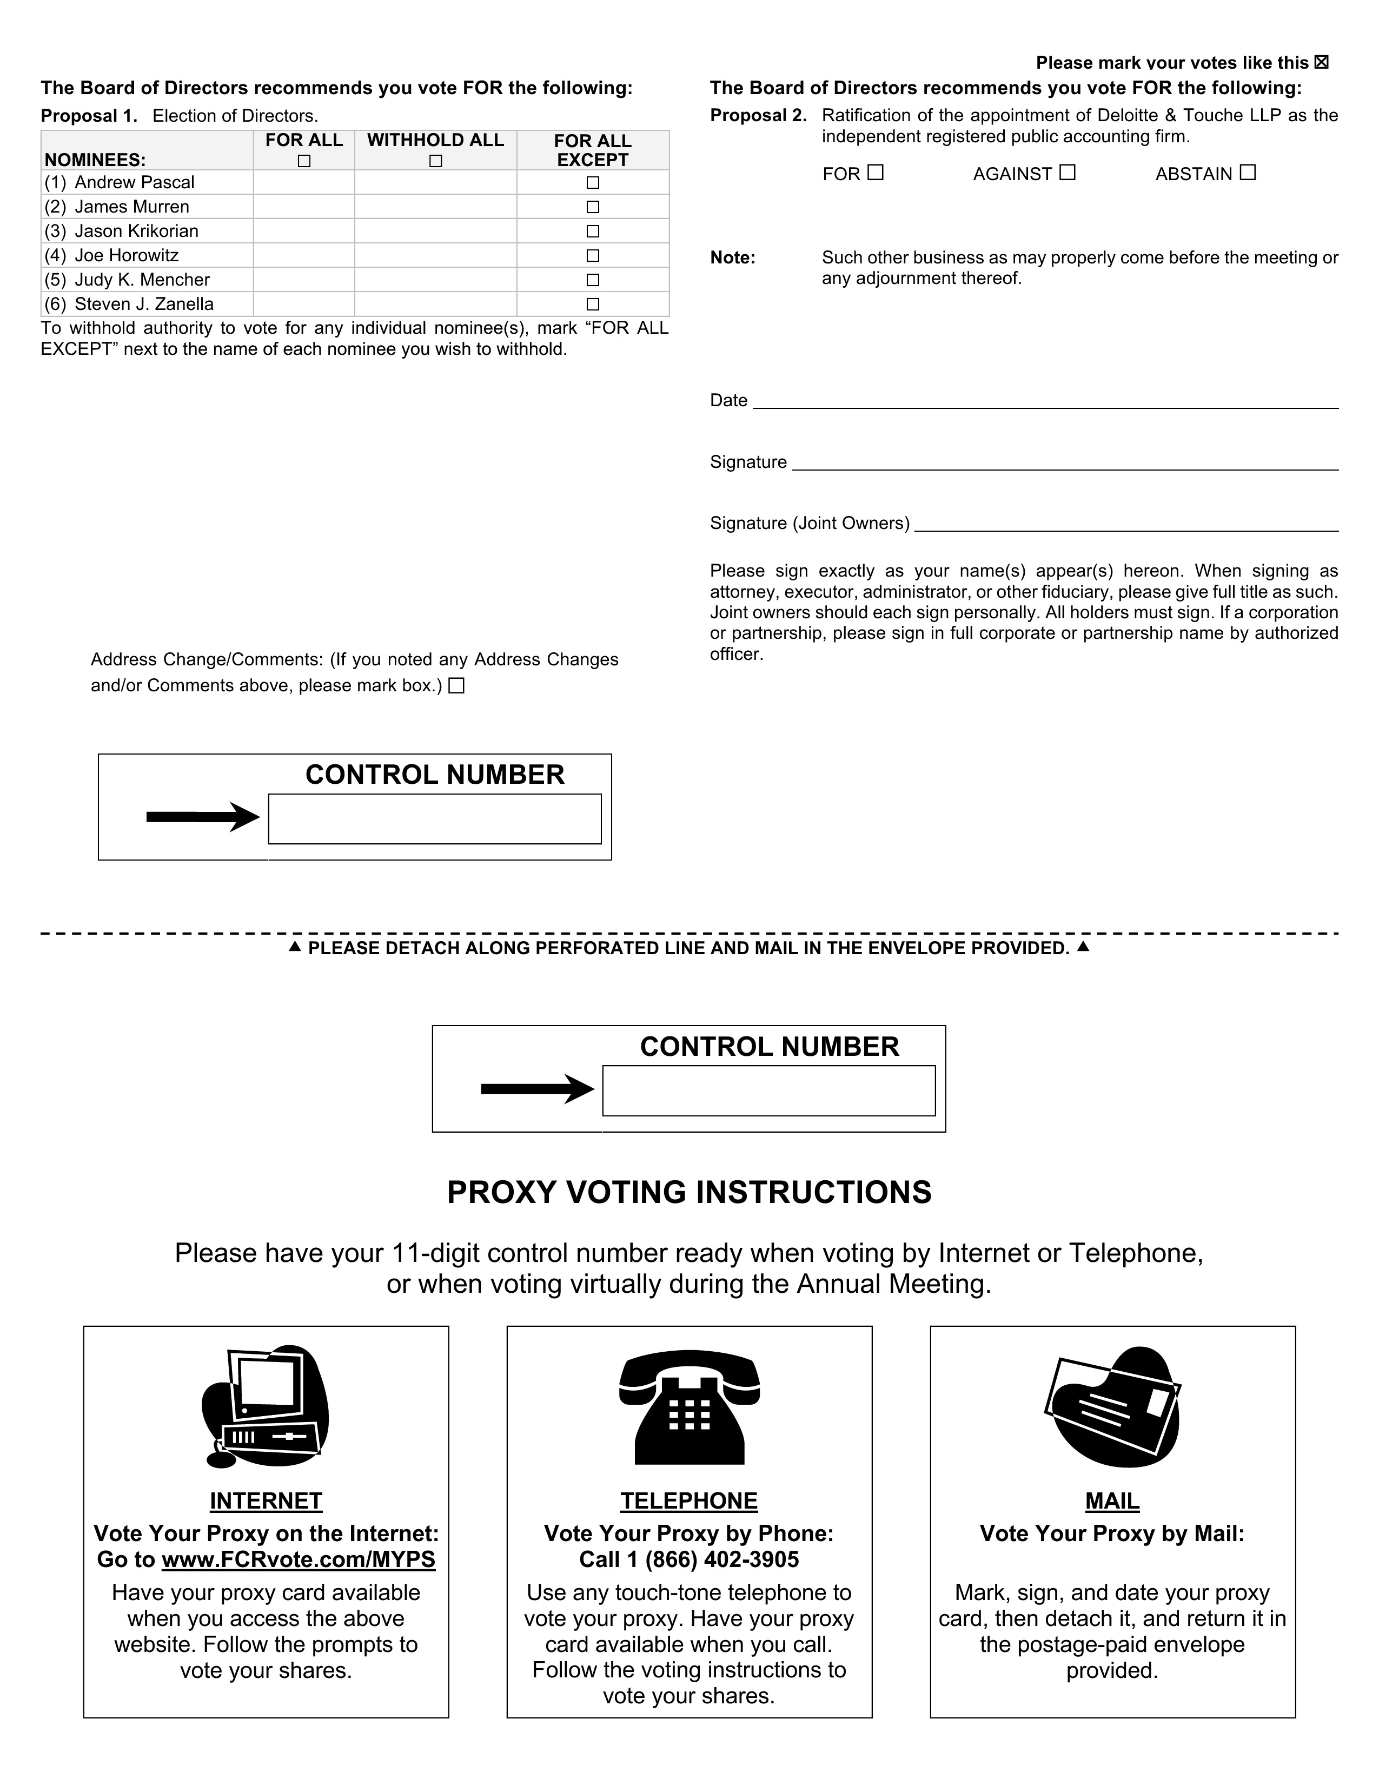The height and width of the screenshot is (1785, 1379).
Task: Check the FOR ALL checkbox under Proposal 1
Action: pos(304,161)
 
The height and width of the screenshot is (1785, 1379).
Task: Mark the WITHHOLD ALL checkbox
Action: pos(435,161)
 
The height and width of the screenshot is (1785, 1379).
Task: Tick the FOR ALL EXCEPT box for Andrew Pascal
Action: pos(593,182)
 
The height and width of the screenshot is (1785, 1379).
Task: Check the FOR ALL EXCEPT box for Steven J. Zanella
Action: pos(593,304)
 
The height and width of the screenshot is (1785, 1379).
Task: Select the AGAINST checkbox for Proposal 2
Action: pos(1068,173)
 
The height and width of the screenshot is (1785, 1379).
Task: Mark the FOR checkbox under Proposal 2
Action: pos(876,173)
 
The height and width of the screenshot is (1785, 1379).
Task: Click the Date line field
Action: pos(1046,400)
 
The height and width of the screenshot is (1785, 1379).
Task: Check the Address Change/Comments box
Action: pos(456,686)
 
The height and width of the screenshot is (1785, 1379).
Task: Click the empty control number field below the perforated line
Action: pos(769,1090)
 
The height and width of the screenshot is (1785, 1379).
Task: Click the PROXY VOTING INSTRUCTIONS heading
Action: pos(688,1193)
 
